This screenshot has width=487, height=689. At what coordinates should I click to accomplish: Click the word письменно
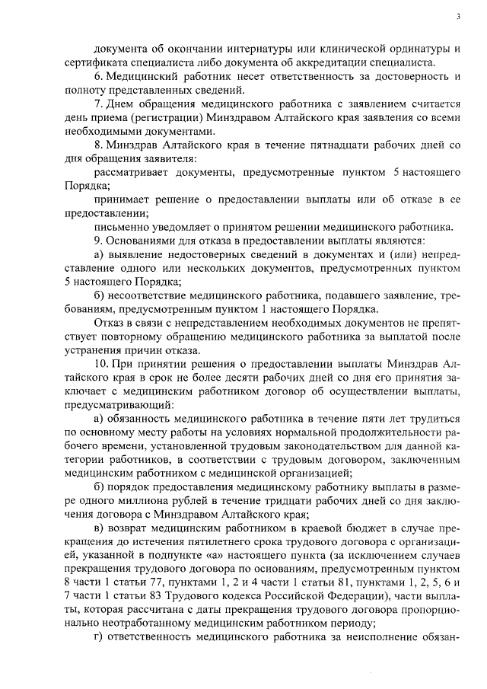coord(121,227)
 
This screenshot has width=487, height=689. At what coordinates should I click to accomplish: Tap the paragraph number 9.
coord(97,241)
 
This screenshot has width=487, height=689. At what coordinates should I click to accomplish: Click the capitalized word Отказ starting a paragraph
coord(109,323)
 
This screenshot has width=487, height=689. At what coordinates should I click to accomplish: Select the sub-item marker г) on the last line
coord(98,637)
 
